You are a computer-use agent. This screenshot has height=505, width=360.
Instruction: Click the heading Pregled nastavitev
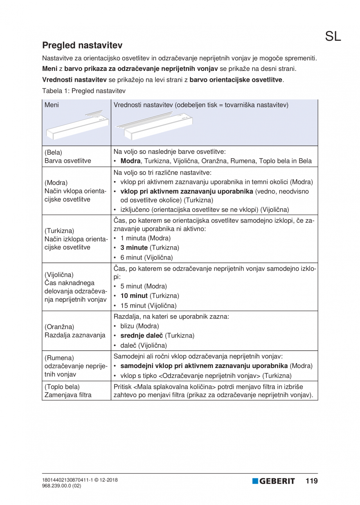[x=82, y=45]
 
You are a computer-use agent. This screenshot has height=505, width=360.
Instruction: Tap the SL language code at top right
[x=333, y=36]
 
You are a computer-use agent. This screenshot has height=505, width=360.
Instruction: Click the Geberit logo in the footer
[x=274, y=481]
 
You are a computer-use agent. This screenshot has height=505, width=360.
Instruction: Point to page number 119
[x=311, y=481]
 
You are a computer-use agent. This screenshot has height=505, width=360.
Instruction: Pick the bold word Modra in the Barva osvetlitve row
[x=131, y=161]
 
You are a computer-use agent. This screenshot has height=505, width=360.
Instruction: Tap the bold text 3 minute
[x=134, y=248]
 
